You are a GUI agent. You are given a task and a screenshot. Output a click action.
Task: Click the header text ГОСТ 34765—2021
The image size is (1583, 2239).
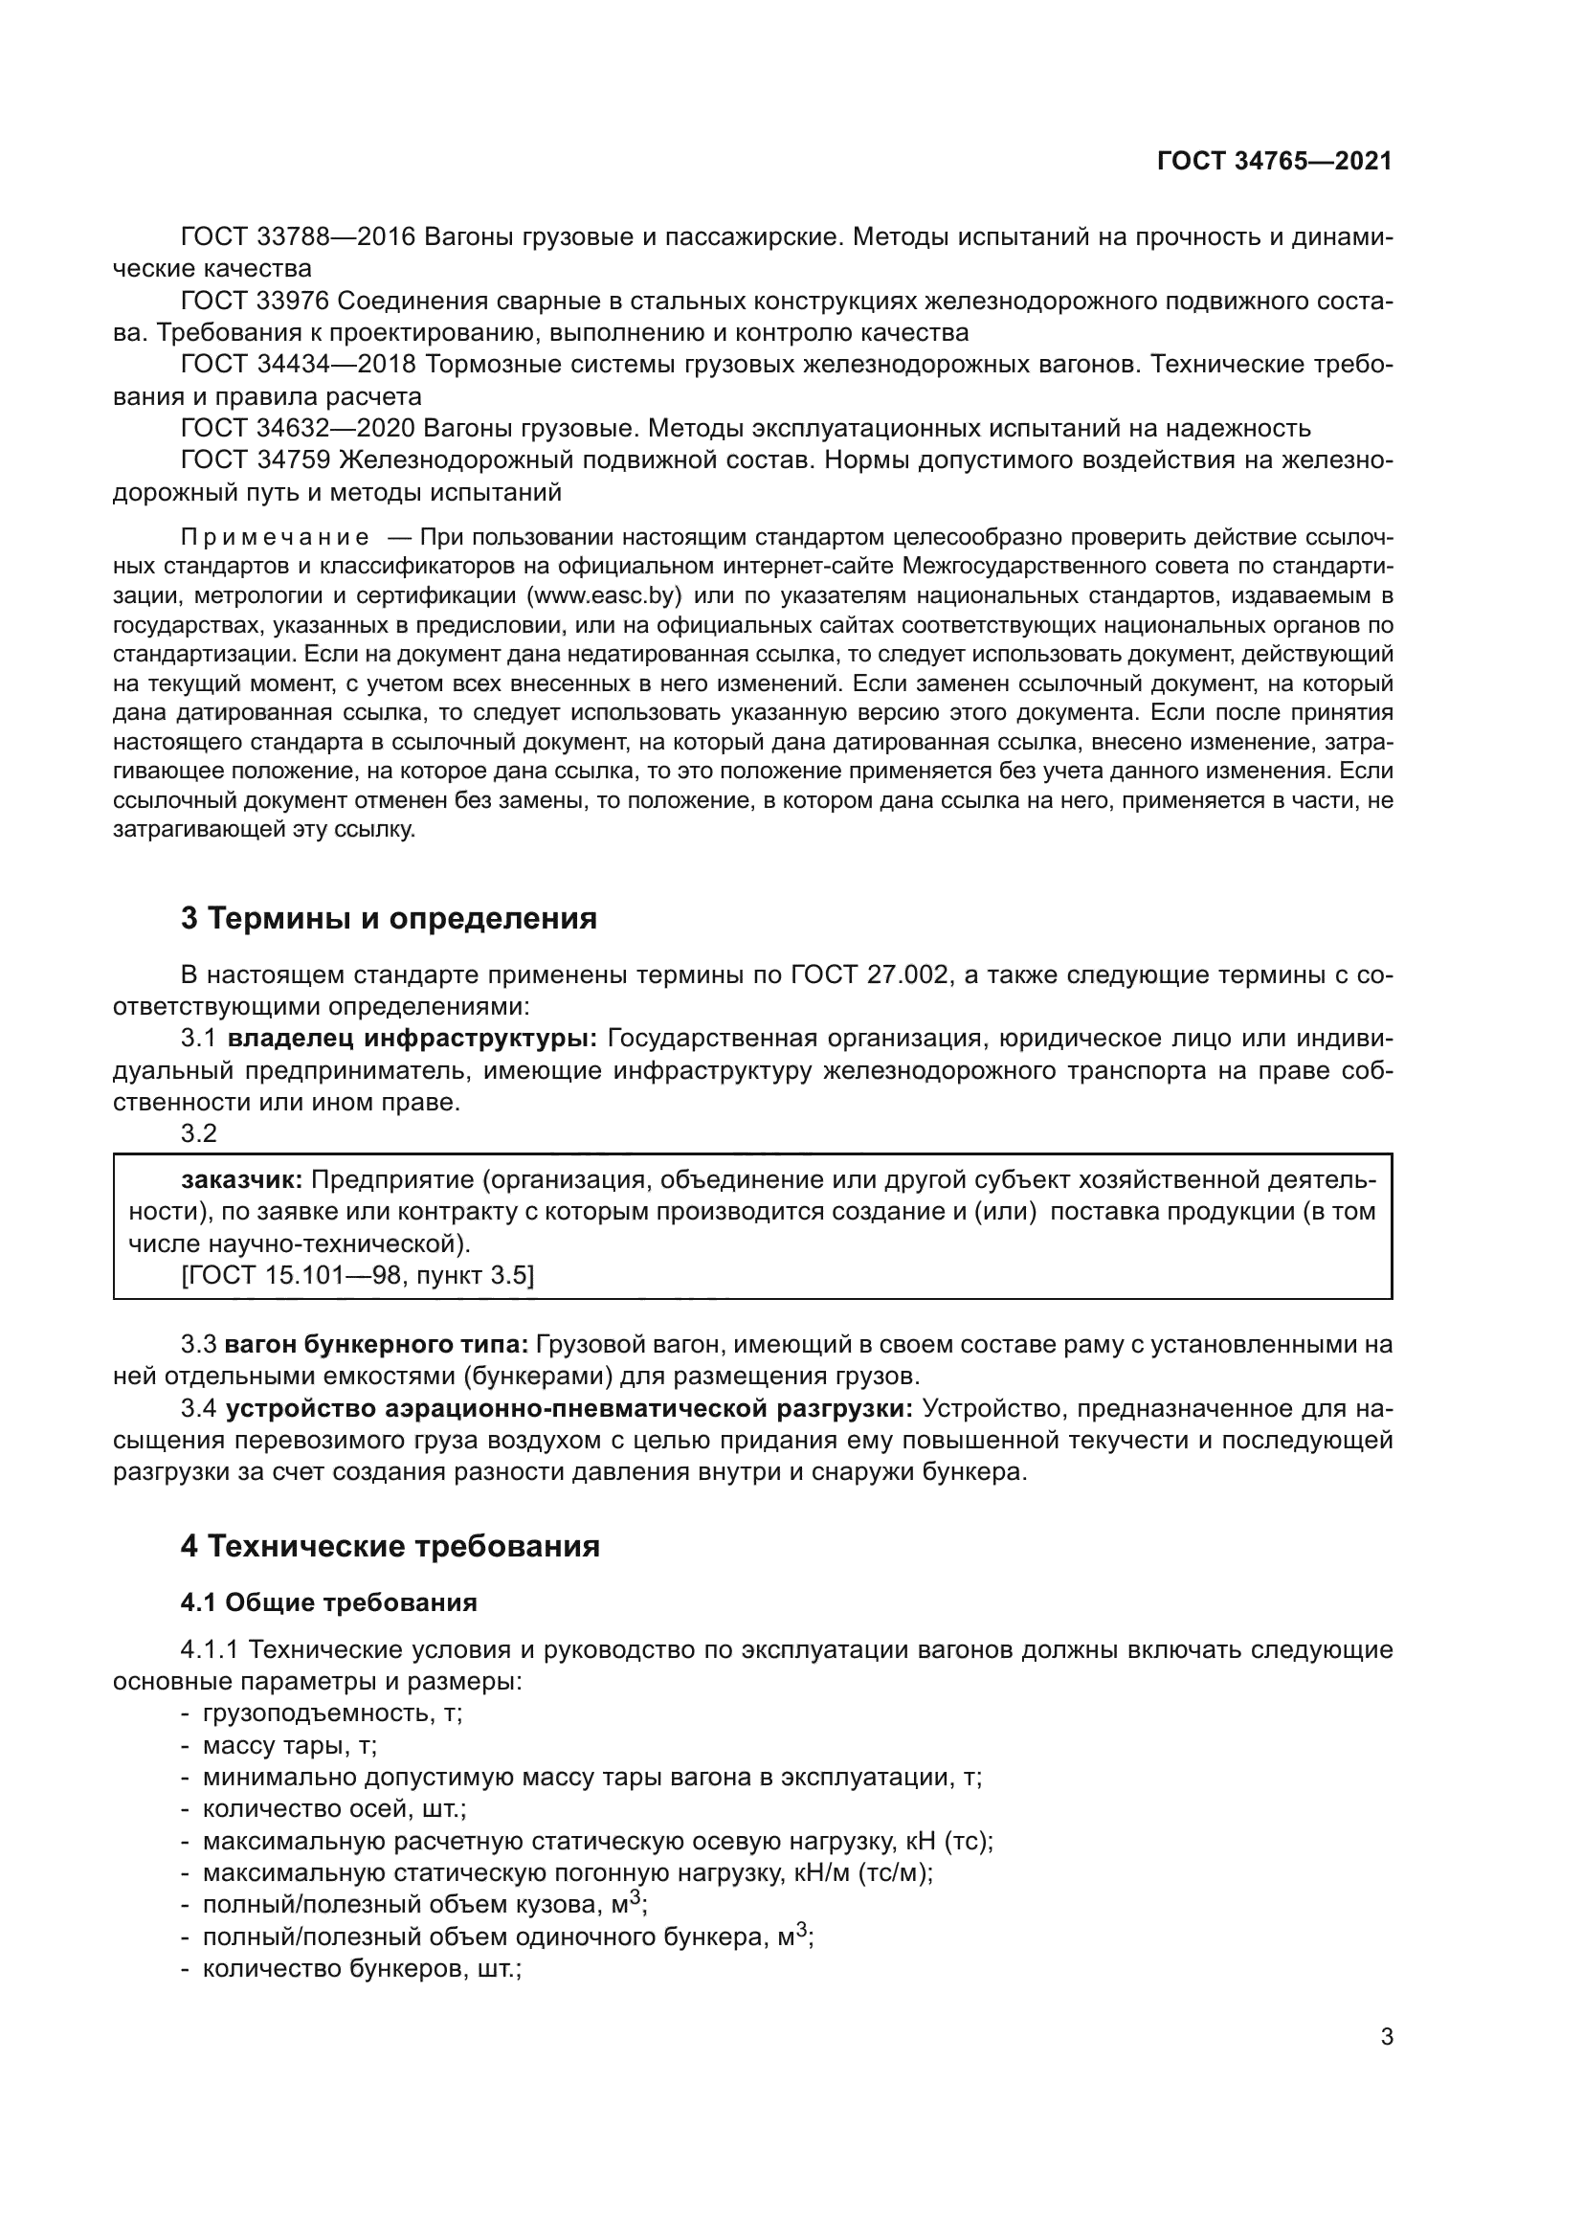point(1274,162)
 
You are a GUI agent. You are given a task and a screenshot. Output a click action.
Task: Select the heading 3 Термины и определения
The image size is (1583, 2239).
point(389,919)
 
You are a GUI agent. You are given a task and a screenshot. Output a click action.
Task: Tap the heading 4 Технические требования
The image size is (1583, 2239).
point(390,1547)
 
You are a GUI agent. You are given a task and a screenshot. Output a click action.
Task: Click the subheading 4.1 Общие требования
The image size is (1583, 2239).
point(328,1603)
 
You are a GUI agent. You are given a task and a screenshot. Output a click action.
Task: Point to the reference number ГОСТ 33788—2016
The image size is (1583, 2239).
point(299,237)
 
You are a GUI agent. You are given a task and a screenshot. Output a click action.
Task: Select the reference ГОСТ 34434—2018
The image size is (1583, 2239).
point(299,365)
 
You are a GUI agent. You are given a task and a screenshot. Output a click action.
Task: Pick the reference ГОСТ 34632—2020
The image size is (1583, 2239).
point(299,428)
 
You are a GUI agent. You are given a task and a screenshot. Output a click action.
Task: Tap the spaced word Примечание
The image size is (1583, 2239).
point(275,537)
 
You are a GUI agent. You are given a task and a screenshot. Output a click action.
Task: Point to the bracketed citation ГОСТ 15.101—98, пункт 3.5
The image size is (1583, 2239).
point(358,1274)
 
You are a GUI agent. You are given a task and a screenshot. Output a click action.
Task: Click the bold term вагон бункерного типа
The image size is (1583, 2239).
point(376,1345)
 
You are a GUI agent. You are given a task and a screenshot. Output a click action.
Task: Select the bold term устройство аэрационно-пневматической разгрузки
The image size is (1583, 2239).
point(569,1409)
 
